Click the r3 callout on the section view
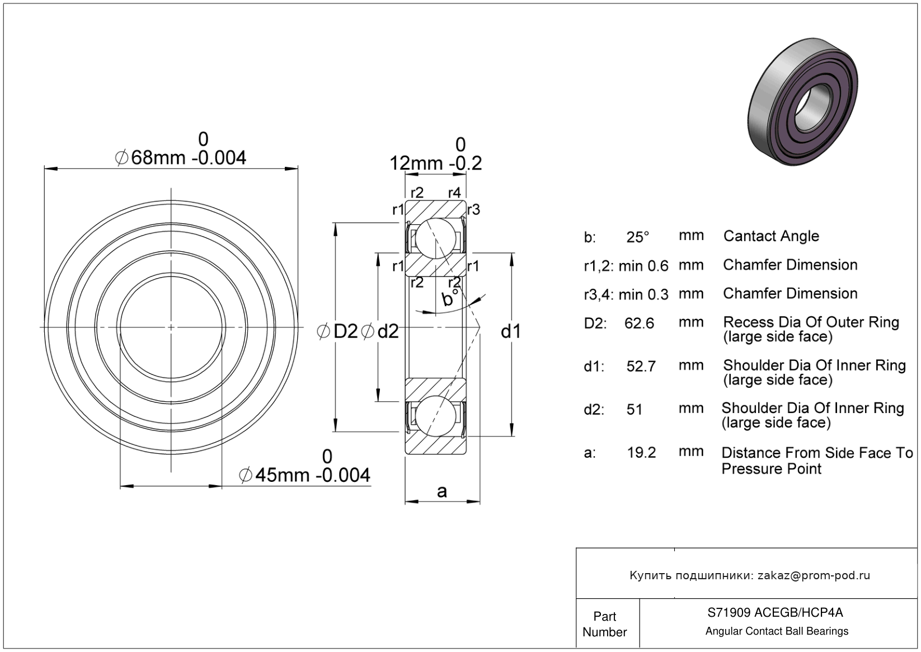[x=474, y=210]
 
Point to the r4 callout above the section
[x=454, y=193]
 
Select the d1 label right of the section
[x=511, y=331]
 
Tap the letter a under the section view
[x=441, y=491]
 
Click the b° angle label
[x=449, y=297]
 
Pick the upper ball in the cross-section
[x=436, y=238]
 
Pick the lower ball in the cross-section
[x=436, y=416]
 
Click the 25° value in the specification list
[x=638, y=237]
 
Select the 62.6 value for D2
[x=639, y=323]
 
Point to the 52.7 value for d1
[x=641, y=367]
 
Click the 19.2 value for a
[x=641, y=453]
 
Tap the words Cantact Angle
[x=772, y=237]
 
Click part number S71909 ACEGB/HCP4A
[x=775, y=613]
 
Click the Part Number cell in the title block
[x=605, y=623]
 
